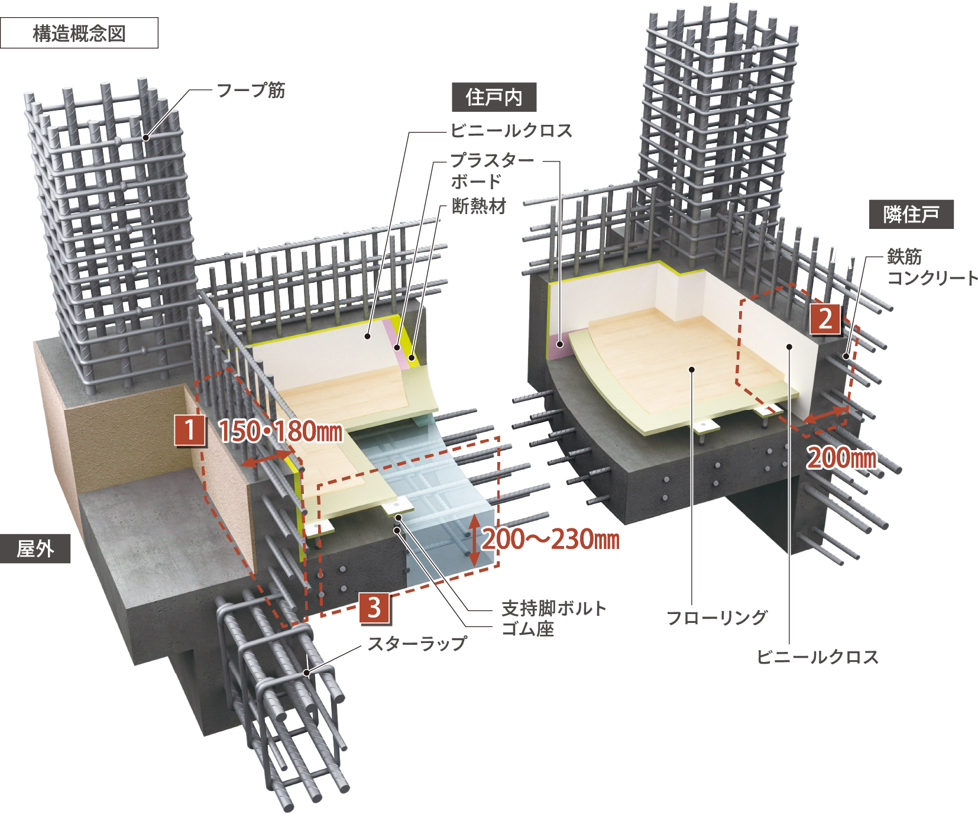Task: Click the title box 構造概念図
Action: (79, 33)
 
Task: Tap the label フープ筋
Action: (251, 91)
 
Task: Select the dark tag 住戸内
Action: (494, 97)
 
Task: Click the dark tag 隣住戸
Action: (911, 214)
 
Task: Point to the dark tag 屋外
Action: (35, 548)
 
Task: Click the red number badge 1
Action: (190, 430)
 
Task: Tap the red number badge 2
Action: (825, 319)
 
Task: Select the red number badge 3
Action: (374, 608)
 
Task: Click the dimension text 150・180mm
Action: (280, 431)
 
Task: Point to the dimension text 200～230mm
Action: (551, 539)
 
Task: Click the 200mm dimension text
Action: (842, 458)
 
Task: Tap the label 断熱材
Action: (479, 206)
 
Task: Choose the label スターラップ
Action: (417, 644)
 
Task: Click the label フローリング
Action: (717, 618)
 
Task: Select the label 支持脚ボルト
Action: (554, 608)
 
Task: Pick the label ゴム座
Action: (528, 629)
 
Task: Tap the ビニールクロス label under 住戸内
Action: (511, 130)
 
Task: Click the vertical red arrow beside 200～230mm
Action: (474, 540)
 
